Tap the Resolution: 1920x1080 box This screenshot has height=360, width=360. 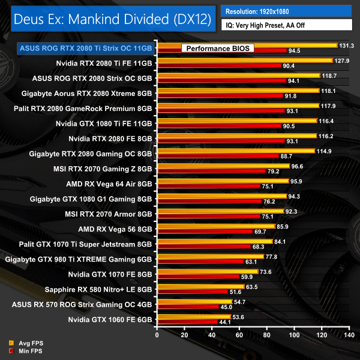[x=286, y=11]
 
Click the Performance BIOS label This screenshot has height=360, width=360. [x=216, y=48]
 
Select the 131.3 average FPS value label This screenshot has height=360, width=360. [x=347, y=46]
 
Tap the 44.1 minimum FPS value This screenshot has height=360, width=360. [x=226, y=322]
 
